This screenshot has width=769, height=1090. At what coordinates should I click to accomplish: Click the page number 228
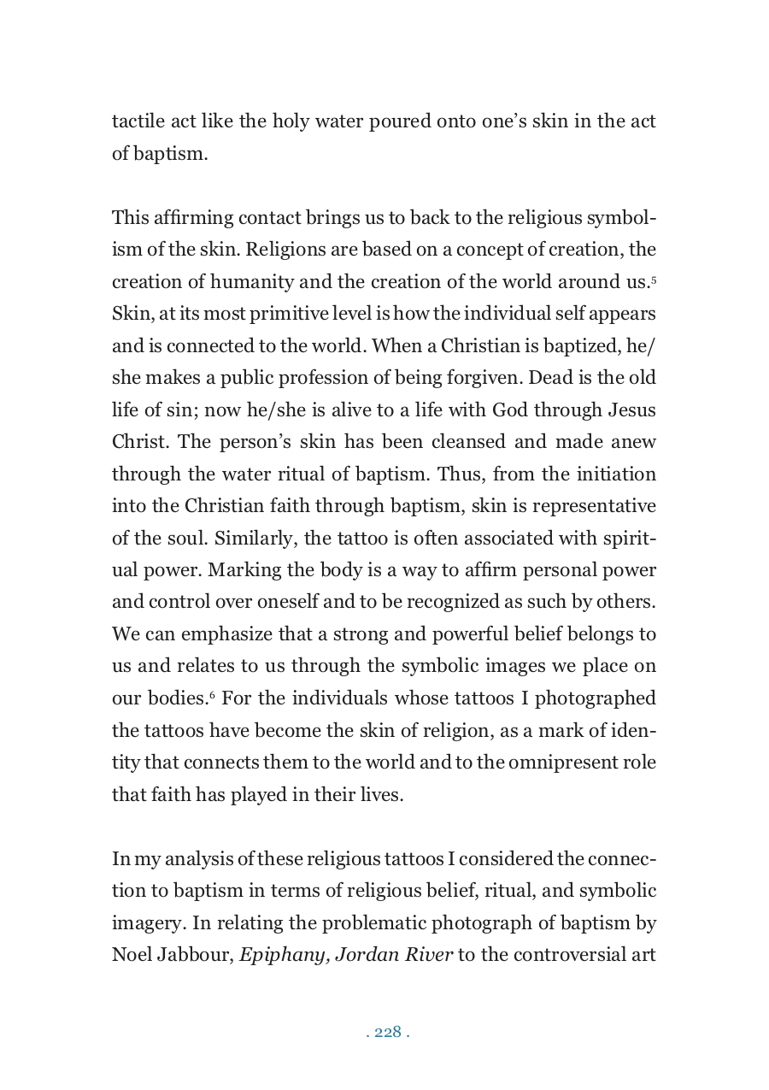click(x=388, y=1032)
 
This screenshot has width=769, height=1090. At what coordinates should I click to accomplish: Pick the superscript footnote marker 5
click(x=653, y=278)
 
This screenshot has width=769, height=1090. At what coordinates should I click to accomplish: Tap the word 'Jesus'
click(x=632, y=410)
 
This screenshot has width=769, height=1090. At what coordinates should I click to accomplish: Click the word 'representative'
click(x=595, y=506)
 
